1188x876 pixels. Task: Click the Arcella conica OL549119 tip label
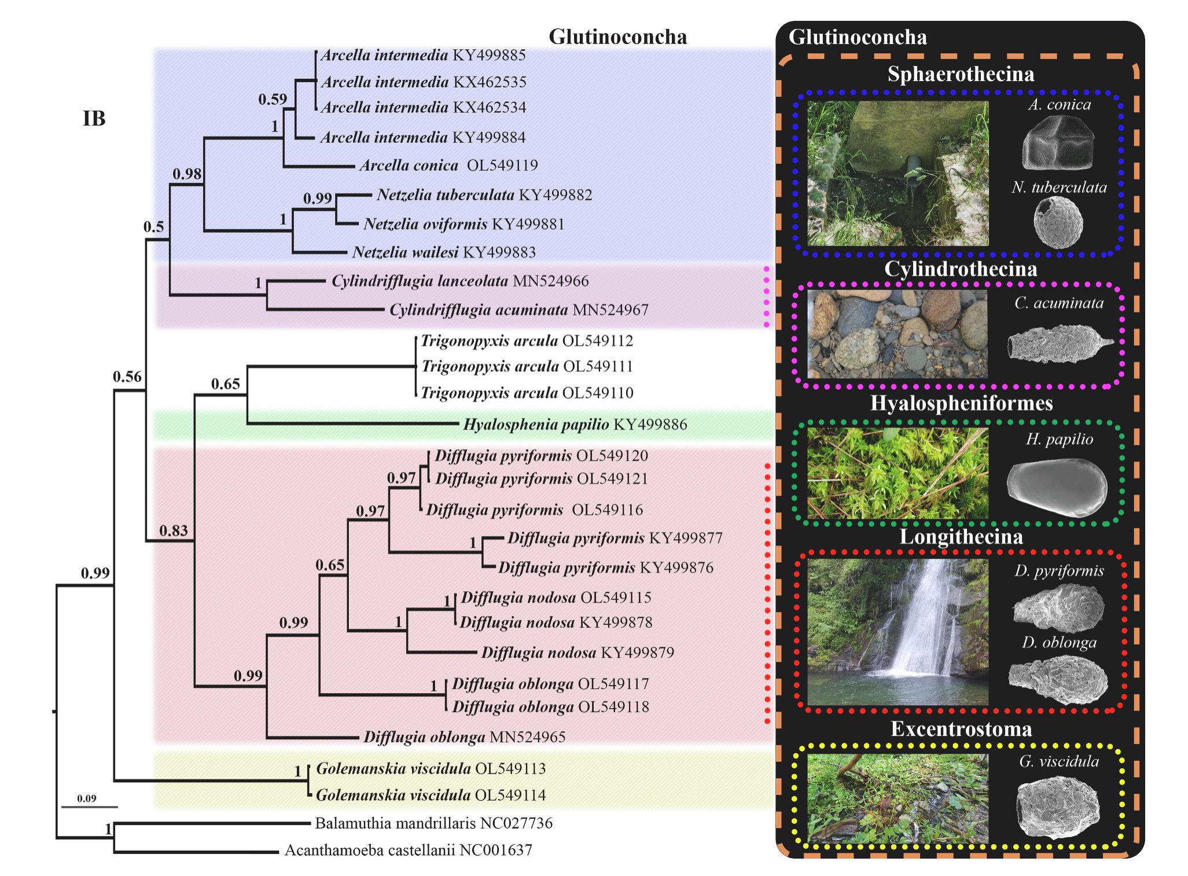tap(448, 166)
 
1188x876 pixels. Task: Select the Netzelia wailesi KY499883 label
tap(444, 252)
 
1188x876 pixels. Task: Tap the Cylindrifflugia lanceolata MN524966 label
tap(460, 281)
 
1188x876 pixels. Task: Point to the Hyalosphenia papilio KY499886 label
tap(575, 425)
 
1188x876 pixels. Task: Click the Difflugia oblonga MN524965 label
tap(464, 737)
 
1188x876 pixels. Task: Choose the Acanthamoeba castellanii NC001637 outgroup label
tap(408, 851)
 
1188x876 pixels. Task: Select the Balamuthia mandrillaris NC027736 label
tap(433, 823)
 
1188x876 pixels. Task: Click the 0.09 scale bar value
tap(87, 798)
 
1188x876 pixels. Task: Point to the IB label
tap(94, 119)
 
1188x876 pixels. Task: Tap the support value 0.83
tap(174, 530)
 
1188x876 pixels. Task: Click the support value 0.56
tap(127, 377)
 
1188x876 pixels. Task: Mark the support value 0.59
tap(273, 100)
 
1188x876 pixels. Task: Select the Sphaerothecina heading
tap(961, 75)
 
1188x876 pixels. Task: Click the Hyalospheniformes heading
tap(961, 404)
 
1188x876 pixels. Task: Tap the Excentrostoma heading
tap(961, 729)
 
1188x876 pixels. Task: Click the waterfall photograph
tap(898, 631)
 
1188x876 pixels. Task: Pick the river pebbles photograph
tap(898, 334)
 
